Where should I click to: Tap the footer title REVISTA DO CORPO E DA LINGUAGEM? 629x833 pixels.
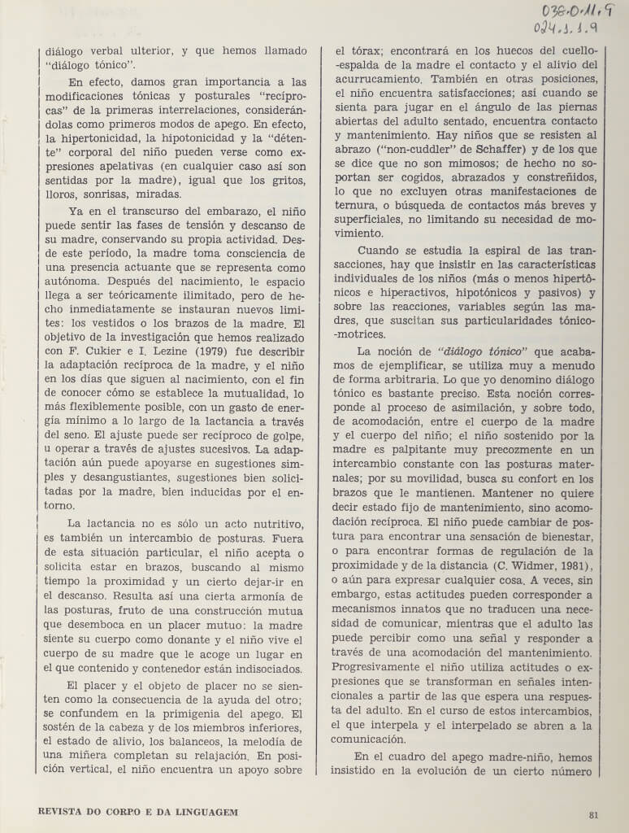point(138,812)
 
